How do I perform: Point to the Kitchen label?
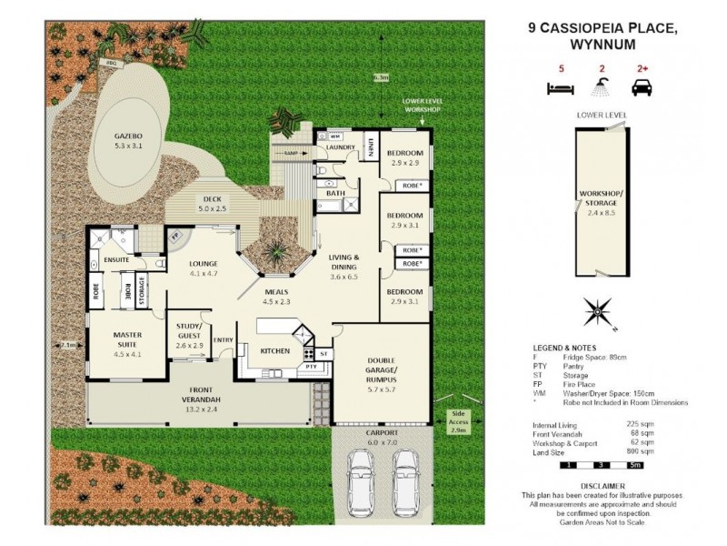[274, 350]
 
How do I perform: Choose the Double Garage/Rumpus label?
[382, 371]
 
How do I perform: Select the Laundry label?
[341, 146]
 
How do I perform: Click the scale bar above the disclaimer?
[601, 466]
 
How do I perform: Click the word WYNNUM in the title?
[601, 44]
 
